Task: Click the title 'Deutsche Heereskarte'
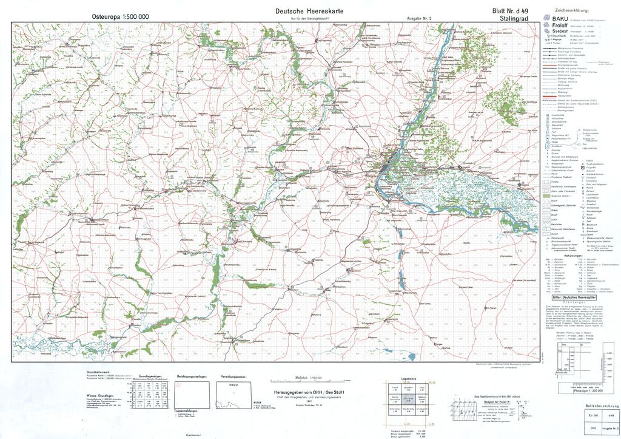click(309, 11)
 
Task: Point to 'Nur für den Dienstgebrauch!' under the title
click(309, 18)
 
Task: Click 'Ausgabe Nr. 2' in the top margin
click(419, 18)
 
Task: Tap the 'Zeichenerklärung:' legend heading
click(580, 11)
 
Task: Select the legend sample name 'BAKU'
click(559, 19)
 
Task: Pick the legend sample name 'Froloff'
click(560, 26)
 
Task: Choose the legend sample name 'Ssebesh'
click(560, 32)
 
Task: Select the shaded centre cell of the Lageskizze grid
click(408, 399)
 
